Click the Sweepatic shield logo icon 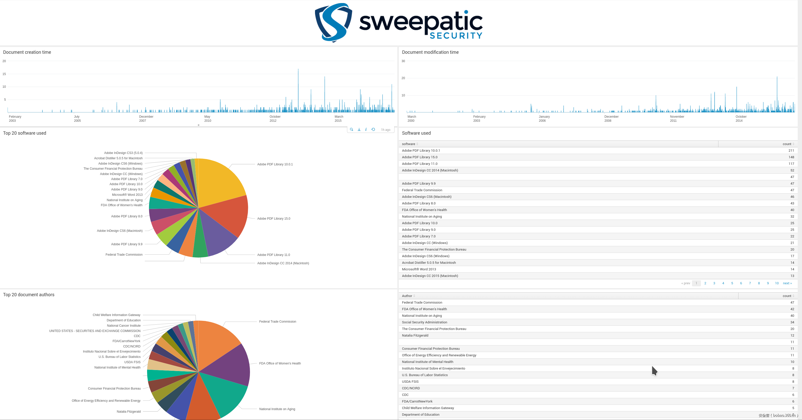[333, 22]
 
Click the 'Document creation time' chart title [27, 52]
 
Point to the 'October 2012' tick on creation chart [275, 119]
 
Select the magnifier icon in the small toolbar [352, 130]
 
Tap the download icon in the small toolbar [359, 130]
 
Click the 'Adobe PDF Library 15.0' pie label [273, 219]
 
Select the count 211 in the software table [791, 150]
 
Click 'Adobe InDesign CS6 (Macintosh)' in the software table [427, 197]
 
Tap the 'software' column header [408, 144]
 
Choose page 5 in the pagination [732, 283]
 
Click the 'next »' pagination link [787, 283]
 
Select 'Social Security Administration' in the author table [424, 322]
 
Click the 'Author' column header [407, 296]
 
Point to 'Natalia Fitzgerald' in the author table [415, 336]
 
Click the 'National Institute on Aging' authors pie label [277, 409]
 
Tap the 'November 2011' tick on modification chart [677, 119]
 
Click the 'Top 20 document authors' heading [29, 295]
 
